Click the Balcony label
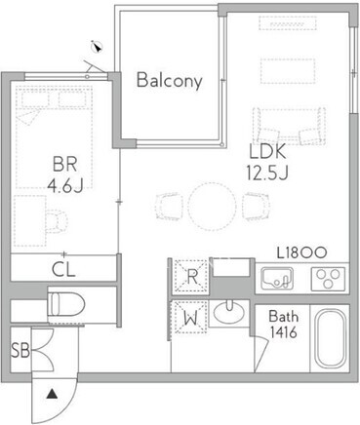point(170,80)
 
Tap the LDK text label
point(267,151)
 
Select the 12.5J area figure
point(267,173)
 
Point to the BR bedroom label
point(65,164)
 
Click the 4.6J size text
point(65,185)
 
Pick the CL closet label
point(63,269)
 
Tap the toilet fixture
point(66,305)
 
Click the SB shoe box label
point(20,351)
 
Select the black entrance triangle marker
point(52,395)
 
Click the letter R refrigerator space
point(192,277)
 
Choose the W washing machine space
point(191,318)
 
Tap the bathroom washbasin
point(228,312)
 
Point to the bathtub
point(331,338)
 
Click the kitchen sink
point(277,279)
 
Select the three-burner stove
point(328,279)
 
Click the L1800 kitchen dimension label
point(301,252)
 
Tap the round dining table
point(212,207)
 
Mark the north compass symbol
point(97,47)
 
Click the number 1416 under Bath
point(283,332)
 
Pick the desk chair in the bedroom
point(57,221)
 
